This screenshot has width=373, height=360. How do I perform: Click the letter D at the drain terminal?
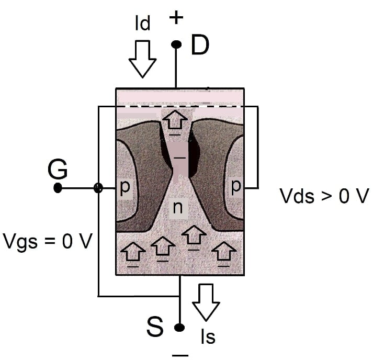coord(200,46)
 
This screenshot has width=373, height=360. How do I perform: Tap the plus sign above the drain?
coord(177,18)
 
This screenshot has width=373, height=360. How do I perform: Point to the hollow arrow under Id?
coord(142,59)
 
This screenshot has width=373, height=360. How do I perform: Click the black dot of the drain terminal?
coord(176,45)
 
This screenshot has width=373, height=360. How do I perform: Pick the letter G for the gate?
coord(57,169)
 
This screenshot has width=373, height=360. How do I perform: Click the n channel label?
coord(178,208)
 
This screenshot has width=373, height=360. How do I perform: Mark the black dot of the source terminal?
coord(179,328)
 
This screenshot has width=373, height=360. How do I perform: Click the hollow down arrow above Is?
coord(206,302)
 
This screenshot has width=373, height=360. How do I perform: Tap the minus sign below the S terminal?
coord(180,354)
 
